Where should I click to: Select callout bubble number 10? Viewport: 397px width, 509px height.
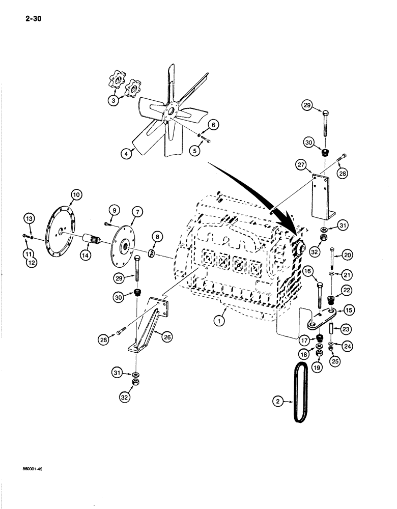pos(76,194)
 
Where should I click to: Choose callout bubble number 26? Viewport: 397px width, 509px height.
pos(166,335)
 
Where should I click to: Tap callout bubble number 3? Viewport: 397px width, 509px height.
pos(114,101)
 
